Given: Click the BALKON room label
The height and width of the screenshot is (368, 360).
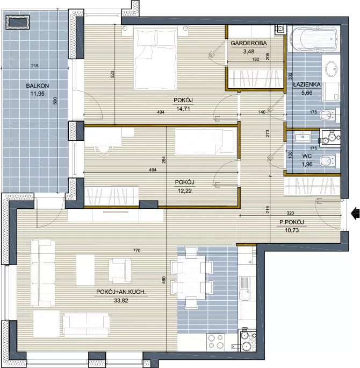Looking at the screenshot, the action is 38,86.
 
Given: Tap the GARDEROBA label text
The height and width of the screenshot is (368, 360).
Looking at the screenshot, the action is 249,43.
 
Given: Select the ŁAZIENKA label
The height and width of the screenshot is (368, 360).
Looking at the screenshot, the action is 307,84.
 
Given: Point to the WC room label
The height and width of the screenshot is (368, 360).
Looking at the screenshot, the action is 307,156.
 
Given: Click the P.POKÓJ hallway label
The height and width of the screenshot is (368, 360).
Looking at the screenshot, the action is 292,222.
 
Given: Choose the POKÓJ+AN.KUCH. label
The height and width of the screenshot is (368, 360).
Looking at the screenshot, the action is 121,292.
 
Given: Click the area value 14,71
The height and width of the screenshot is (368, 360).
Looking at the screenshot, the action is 183,109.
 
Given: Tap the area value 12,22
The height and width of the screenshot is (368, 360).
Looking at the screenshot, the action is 185,191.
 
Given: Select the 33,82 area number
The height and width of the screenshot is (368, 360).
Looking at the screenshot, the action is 121,300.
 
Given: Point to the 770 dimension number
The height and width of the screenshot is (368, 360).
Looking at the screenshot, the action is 136,251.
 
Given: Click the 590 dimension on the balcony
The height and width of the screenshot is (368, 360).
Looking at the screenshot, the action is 55,101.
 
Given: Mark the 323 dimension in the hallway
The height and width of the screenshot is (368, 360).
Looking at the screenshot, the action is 290,213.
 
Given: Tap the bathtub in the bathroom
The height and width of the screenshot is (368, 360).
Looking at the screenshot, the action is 314,39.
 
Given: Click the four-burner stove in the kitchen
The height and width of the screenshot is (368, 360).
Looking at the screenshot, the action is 215,342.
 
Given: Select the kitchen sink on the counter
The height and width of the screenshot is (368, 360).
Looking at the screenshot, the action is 244,294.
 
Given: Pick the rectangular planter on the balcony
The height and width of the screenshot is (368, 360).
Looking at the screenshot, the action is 18,22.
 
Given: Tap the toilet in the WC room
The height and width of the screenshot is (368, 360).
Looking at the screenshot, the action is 329,161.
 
